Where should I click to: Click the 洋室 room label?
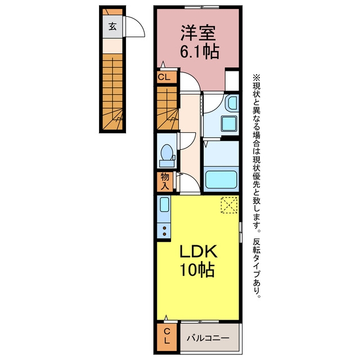[x=198, y=33]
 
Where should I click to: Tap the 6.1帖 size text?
[x=199, y=52]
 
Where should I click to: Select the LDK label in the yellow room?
[x=198, y=251]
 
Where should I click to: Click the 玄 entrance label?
[x=112, y=26]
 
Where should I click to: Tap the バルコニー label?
[x=208, y=338]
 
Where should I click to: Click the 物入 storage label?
[x=165, y=181]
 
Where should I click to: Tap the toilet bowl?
[x=167, y=152]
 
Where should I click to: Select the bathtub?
[x=221, y=179]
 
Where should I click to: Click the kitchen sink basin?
[x=164, y=205]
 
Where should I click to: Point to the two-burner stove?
[x=164, y=231]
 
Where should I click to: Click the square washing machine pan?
[x=229, y=124]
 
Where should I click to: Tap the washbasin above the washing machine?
[x=232, y=103]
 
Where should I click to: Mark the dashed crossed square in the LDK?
[x=229, y=205]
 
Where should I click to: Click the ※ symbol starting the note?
[x=256, y=77]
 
